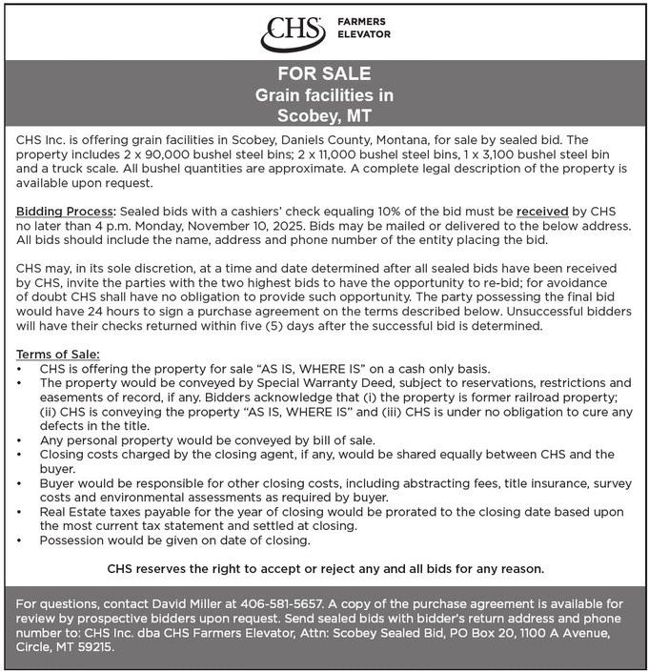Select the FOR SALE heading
(x=324, y=74)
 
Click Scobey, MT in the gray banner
(x=324, y=116)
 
